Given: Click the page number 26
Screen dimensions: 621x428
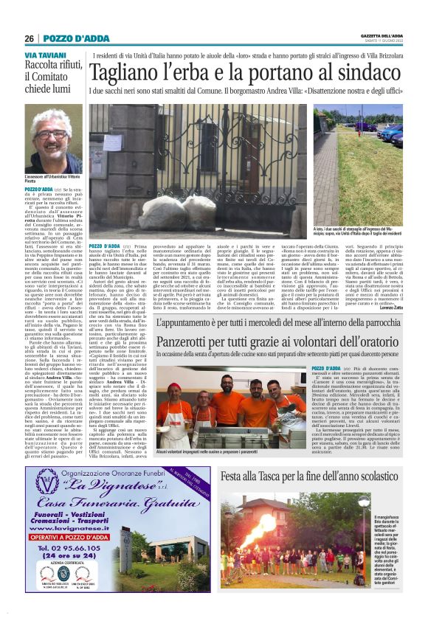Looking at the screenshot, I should [x=29, y=38].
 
